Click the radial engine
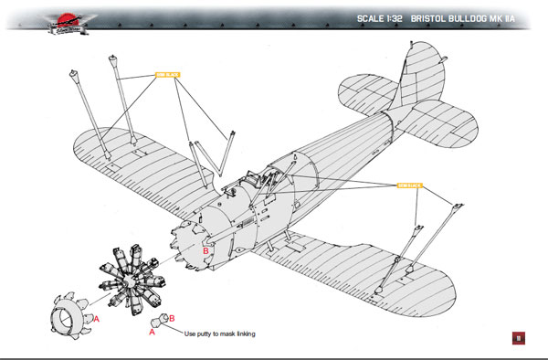133,273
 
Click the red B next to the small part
171,318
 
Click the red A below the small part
152,334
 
